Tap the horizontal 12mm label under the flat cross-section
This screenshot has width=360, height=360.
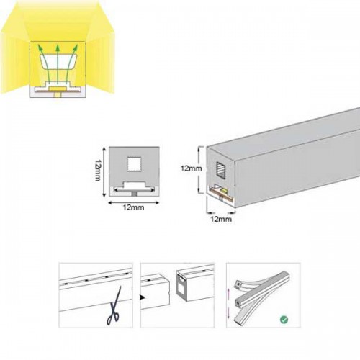[x=133, y=207]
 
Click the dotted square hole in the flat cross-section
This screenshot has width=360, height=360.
[x=133, y=164]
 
